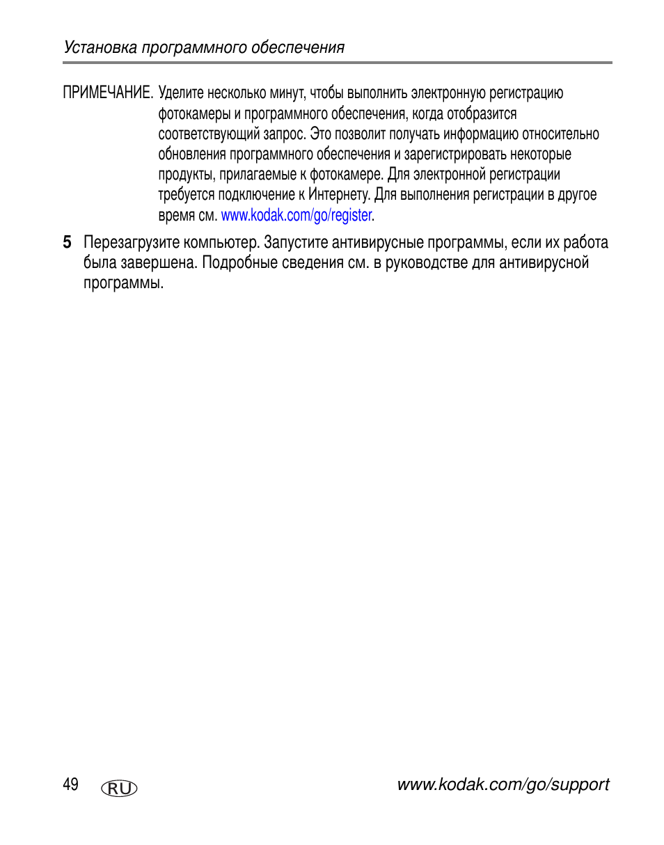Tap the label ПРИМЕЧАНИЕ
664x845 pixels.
[108, 93]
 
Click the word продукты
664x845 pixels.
[187, 175]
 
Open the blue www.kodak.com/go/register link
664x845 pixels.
[297, 216]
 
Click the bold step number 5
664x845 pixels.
[67, 243]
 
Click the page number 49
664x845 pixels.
[70, 784]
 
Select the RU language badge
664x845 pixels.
[119, 788]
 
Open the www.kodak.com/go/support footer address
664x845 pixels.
[503, 784]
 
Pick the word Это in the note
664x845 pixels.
[321, 134]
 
